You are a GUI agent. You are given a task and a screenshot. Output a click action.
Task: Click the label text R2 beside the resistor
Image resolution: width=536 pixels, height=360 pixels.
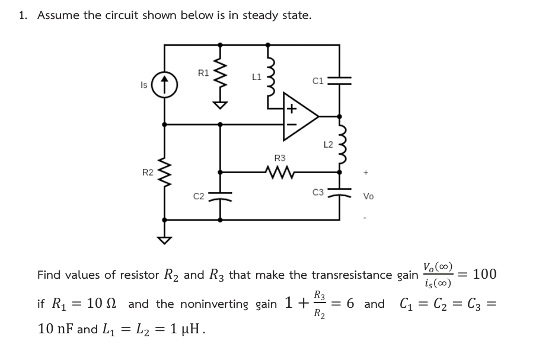pyautogui.click(x=148, y=173)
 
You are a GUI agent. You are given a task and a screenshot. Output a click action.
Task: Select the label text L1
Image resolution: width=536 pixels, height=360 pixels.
pyautogui.click(x=256, y=76)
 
